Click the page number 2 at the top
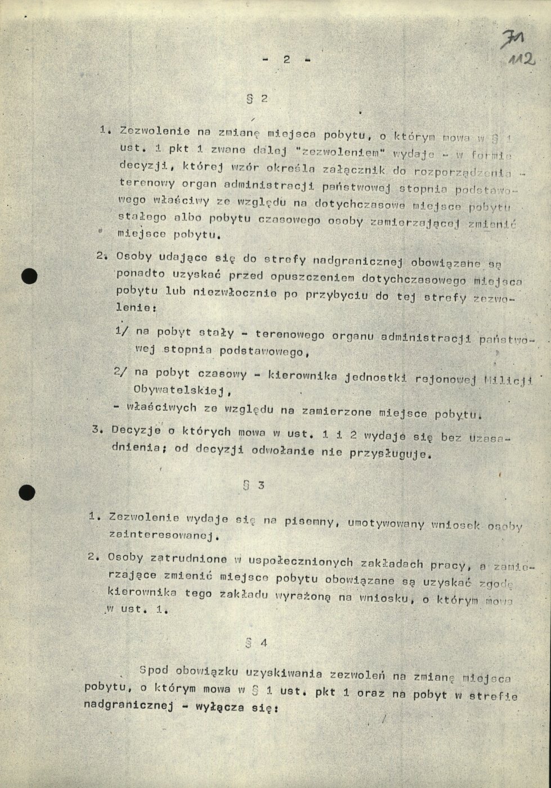point(286,60)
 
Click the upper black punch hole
point(28,276)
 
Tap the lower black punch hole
point(27,492)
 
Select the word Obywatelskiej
point(178,389)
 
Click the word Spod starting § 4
point(154,671)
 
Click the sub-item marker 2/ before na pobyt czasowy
point(121,371)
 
